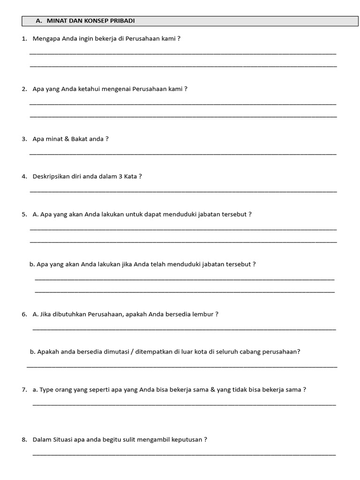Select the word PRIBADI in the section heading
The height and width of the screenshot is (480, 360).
(122, 21)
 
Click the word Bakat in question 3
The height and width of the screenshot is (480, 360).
(80, 139)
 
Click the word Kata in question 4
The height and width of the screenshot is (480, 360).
(130, 177)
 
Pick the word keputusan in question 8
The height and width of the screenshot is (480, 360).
(188, 440)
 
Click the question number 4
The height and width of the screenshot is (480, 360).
(24, 177)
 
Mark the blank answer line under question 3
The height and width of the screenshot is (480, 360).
(183, 154)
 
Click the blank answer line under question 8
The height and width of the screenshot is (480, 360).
(184, 454)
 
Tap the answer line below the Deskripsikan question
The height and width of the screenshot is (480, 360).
(183, 191)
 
